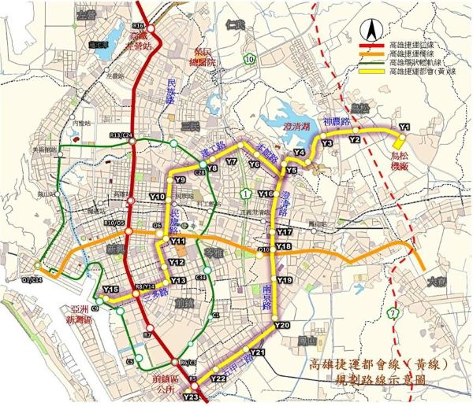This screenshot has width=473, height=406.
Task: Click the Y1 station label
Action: (406, 127)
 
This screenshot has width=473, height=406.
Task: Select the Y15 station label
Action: (110, 290)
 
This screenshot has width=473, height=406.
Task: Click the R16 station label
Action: (142, 27)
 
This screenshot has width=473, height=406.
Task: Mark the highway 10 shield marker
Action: (249, 58)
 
